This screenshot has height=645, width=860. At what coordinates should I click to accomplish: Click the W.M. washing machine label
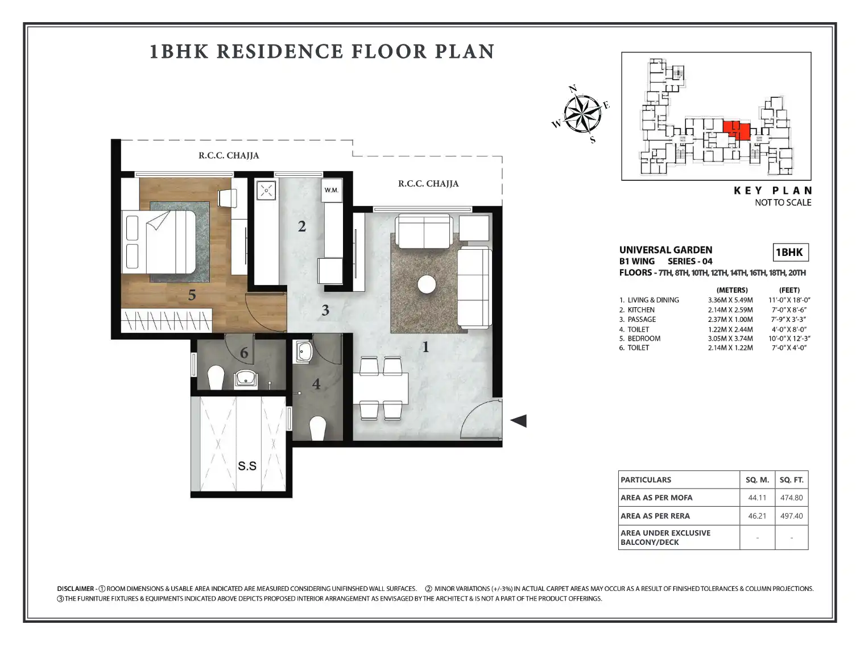click(x=331, y=191)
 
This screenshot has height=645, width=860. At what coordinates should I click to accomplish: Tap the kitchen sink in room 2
click(x=266, y=191)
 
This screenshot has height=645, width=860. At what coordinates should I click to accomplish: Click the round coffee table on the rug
click(x=426, y=284)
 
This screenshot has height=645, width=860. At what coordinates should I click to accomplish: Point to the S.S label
click(x=247, y=466)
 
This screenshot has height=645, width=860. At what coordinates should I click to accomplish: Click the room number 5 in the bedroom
click(x=192, y=295)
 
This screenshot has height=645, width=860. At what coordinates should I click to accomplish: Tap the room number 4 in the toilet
click(x=316, y=384)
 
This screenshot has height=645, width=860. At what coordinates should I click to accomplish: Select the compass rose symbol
click(x=582, y=114)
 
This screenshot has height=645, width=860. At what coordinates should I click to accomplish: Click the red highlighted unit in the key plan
click(x=737, y=130)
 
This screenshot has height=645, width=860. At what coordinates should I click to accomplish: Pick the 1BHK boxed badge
click(x=790, y=252)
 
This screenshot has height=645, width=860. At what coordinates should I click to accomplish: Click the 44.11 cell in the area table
click(x=757, y=498)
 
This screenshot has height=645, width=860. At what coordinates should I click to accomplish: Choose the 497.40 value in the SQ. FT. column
click(x=791, y=516)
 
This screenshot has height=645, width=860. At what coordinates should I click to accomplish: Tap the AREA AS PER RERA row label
click(x=655, y=516)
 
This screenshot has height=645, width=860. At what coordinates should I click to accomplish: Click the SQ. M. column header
click(x=758, y=479)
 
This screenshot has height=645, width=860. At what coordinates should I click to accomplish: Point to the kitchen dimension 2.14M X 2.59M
click(x=730, y=310)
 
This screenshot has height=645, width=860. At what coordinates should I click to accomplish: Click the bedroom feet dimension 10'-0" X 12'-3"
click(x=789, y=338)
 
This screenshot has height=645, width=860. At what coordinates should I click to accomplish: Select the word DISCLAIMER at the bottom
click(x=76, y=589)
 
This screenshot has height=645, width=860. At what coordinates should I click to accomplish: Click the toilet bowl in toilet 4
click(x=318, y=428)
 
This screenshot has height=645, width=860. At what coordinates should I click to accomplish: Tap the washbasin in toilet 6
click(x=246, y=378)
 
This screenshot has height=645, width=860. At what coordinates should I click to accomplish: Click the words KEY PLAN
click(x=772, y=191)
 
